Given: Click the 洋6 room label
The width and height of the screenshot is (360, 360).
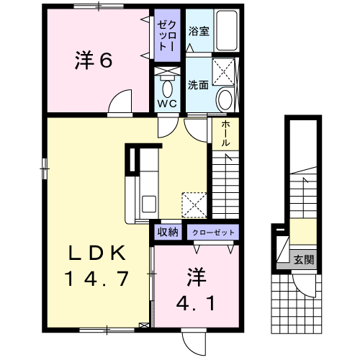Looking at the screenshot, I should point(94,61).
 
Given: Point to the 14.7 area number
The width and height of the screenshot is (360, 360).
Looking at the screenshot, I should point(96,276).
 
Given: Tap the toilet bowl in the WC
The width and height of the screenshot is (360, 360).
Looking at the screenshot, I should point(168,89).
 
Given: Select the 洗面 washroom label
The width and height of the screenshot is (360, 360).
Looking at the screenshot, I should point(198,84).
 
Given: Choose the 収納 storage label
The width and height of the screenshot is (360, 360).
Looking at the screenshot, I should point(168,232).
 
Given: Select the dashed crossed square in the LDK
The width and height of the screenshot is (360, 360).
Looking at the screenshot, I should point(194,204).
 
